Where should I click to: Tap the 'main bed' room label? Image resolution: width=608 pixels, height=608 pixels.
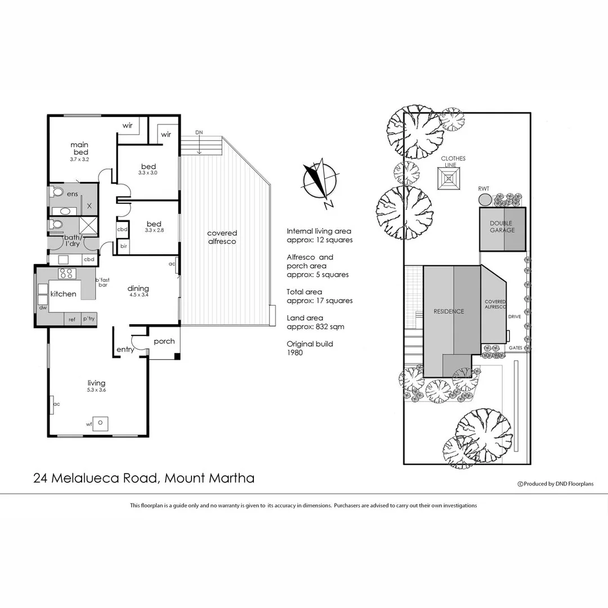point(79,149)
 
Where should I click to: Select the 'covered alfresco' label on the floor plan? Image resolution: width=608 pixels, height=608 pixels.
point(222,237)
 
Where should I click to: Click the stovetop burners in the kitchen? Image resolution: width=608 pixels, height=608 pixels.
point(67,274)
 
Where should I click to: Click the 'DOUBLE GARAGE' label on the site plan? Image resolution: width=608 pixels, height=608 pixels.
point(502,227)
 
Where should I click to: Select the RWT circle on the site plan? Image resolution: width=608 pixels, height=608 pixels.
point(485,199)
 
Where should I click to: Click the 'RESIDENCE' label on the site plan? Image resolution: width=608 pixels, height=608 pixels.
point(449,311)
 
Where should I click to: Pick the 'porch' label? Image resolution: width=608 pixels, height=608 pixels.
point(164,341)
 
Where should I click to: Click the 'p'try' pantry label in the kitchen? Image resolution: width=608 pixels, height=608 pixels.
point(89,319)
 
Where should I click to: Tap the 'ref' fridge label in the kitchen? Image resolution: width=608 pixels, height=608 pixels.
point(72,319)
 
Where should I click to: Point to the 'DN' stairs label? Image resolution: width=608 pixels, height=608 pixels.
point(199,132)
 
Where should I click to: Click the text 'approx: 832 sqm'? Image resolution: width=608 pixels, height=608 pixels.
point(315,327)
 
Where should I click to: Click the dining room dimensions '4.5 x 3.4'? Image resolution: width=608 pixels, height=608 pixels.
point(138,294)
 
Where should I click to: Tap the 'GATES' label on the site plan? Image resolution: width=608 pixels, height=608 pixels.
point(516,348)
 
